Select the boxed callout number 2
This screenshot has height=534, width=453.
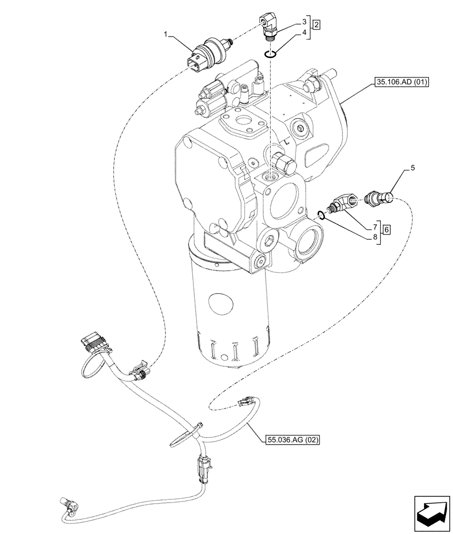(x=317, y=25)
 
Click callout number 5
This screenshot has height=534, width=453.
(x=412, y=168)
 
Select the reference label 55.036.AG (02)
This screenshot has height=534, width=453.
(x=292, y=440)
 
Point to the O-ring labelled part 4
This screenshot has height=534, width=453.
(x=271, y=52)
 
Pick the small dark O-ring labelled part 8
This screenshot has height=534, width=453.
(x=321, y=215)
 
